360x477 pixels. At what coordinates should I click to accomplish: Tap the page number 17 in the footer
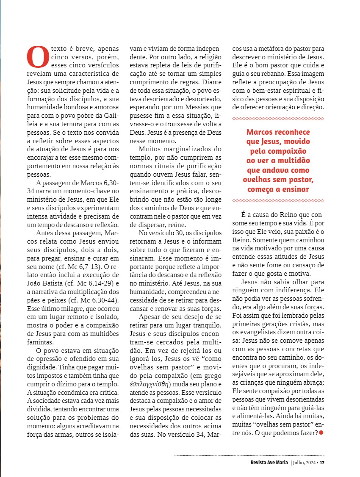[x=322, y=462]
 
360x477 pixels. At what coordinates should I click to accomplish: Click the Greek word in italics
[x=150, y=384]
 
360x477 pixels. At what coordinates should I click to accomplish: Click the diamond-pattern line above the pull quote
[x=278, y=118]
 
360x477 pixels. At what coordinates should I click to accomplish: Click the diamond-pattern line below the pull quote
[x=278, y=200]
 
